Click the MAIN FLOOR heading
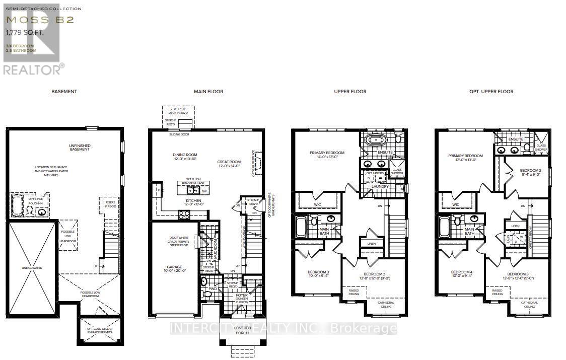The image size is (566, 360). [x=208, y=92]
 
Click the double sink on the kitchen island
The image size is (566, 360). [x=192, y=190]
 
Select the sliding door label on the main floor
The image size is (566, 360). [x=179, y=135]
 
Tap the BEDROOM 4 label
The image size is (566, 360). [x=460, y=274]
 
